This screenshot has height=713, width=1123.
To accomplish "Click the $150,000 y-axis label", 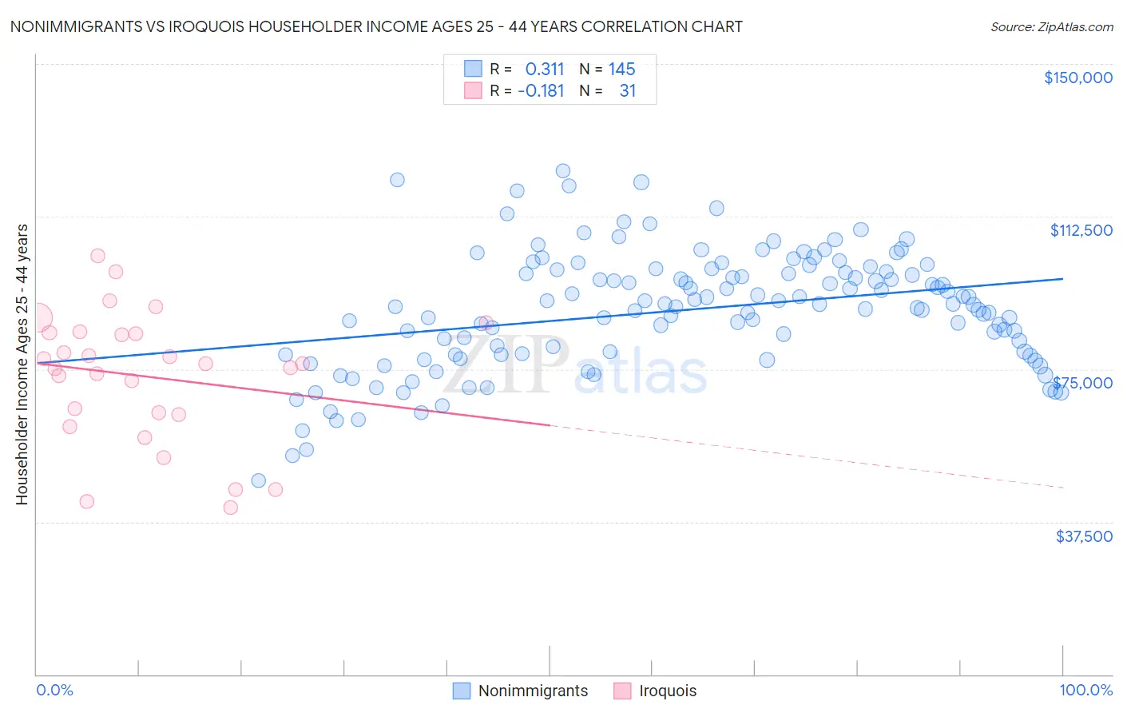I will tap(1077, 78).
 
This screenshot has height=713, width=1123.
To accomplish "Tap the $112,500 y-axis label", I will tap(1081, 230).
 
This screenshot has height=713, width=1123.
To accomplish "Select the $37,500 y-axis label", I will tap(1084, 536).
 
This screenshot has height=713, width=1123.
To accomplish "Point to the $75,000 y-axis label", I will tap(1084, 383).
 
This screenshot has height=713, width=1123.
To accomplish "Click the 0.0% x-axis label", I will tap(54, 691).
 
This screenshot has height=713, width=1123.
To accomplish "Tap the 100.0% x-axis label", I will tap(1085, 691).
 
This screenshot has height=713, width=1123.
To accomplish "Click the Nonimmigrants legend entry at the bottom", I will tap(533, 691).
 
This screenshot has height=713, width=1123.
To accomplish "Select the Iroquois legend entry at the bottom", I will tap(668, 691).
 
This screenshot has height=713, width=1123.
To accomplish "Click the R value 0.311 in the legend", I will tap(545, 69).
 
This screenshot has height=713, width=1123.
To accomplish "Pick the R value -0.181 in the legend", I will tap(541, 90).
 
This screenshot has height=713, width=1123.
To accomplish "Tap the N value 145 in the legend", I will tap(621, 69).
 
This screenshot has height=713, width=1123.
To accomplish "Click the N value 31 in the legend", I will tap(628, 90).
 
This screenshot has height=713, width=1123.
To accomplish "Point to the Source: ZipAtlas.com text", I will tap(1051, 27).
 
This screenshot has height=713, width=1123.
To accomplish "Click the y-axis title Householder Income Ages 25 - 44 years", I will tap(22, 364).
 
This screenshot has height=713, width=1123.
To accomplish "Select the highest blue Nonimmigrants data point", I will tap(562, 170).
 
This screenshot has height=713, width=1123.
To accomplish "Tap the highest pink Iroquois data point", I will tap(97, 256).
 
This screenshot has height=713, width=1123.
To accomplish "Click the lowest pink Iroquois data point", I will tap(231, 507).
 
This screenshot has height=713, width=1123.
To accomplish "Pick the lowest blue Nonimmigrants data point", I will tap(258, 480).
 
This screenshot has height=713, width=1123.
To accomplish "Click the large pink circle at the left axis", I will tap(37, 317).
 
